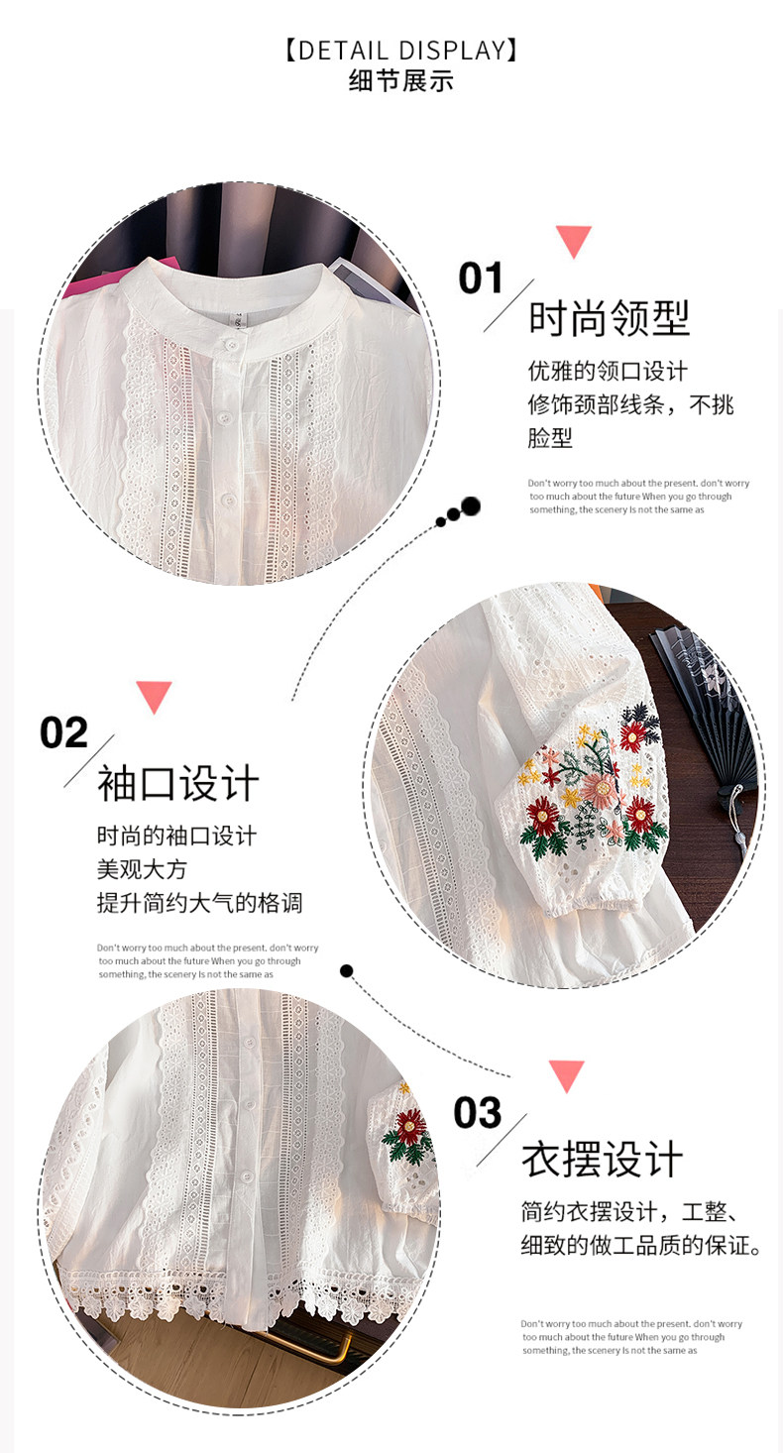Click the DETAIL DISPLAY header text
point(400,51)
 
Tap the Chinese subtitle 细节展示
point(400,81)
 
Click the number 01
point(481,279)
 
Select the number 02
point(63,733)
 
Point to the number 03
point(478,1112)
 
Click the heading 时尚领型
point(610,318)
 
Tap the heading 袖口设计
point(178,783)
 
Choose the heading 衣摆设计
point(602,1160)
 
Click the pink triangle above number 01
point(574,241)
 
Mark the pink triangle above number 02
point(154,697)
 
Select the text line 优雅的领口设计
point(608,371)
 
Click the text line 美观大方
point(142,869)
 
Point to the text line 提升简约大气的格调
point(200,903)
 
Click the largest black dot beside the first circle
point(471,505)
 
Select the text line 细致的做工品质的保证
point(641,1246)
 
